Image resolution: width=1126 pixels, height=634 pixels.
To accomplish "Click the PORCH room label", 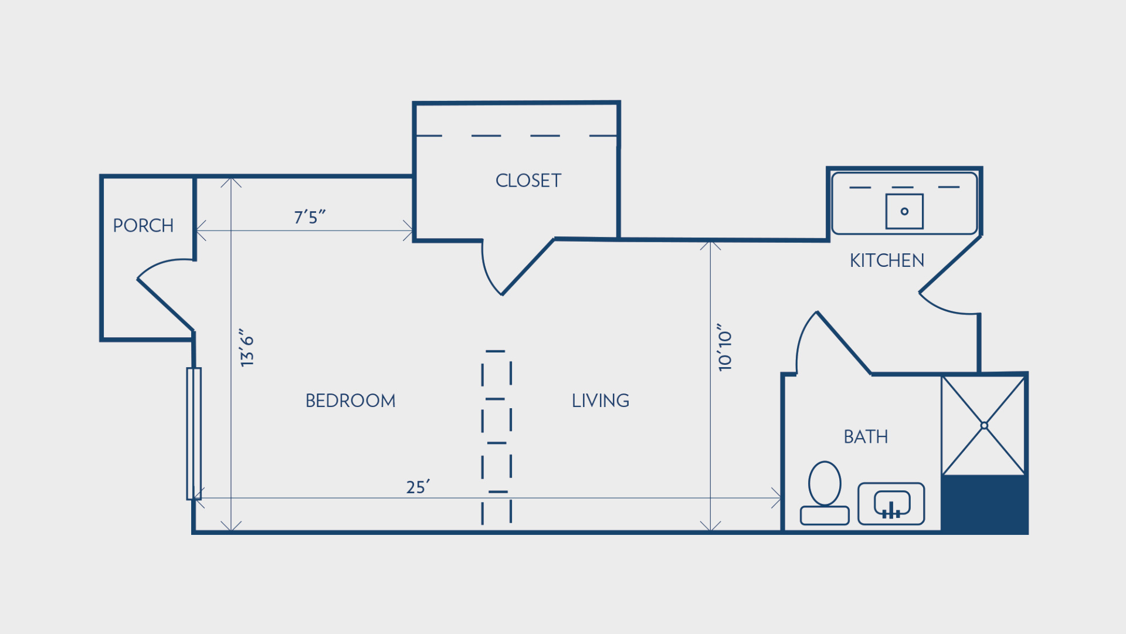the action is [x=143, y=226].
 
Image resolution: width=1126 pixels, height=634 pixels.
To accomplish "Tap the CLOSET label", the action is [x=528, y=181].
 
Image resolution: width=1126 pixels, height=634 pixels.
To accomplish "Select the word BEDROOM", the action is [x=351, y=401].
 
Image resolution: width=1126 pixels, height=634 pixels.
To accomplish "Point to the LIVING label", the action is [x=601, y=401].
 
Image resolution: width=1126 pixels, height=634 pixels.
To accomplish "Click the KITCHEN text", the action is [x=887, y=260].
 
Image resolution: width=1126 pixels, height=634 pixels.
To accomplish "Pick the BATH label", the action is [x=866, y=437].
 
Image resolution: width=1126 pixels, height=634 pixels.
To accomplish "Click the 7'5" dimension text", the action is [x=310, y=217].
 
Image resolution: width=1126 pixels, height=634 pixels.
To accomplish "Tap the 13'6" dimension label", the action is [x=247, y=348].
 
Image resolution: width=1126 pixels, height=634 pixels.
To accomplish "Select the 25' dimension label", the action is [x=418, y=487].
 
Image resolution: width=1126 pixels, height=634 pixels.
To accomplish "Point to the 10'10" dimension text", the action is [x=725, y=347].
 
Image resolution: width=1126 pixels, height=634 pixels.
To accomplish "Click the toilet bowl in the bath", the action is [x=825, y=483].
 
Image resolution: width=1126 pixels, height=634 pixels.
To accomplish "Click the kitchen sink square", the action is [x=904, y=211].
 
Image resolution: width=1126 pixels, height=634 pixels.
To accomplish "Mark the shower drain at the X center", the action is [x=984, y=426].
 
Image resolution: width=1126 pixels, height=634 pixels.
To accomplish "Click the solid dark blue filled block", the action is [x=984, y=504].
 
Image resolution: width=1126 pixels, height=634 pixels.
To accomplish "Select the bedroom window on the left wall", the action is [x=194, y=434].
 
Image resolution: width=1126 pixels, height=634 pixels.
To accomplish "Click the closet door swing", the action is [x=528, y=267].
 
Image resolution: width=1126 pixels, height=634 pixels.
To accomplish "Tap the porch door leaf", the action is [x=165, y=304].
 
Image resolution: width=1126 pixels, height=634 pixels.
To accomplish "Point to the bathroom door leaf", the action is [x=844, y=343].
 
